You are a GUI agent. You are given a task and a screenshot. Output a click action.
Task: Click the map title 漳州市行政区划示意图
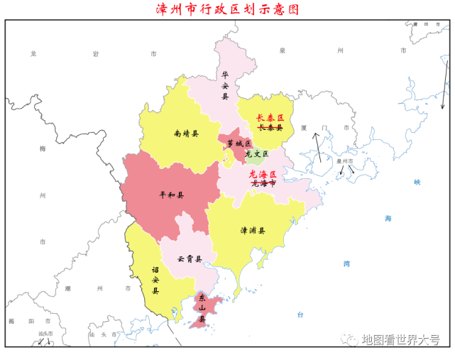227,9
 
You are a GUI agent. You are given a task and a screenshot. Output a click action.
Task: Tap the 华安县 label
225,85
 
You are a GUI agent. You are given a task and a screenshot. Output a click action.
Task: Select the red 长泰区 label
270,117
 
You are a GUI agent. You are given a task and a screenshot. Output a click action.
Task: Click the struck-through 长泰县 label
270,128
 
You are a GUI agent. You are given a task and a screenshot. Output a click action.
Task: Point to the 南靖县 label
186,133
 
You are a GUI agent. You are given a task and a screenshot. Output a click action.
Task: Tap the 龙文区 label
256,153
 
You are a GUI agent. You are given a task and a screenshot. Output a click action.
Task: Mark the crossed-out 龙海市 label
263,183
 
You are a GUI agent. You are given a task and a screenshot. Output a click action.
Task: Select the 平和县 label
171,195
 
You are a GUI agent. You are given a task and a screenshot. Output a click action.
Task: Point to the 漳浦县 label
252,231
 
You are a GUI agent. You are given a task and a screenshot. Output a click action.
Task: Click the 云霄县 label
190,258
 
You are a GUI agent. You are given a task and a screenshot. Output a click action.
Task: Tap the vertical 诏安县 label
155,280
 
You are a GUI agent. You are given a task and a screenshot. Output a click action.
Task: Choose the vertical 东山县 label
202,308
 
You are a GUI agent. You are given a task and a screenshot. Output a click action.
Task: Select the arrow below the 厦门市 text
318,147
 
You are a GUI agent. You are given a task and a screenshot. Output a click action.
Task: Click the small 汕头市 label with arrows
45,334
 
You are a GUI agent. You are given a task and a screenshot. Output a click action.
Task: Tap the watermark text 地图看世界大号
401,339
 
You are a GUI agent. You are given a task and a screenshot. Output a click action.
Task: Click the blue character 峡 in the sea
417,182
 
